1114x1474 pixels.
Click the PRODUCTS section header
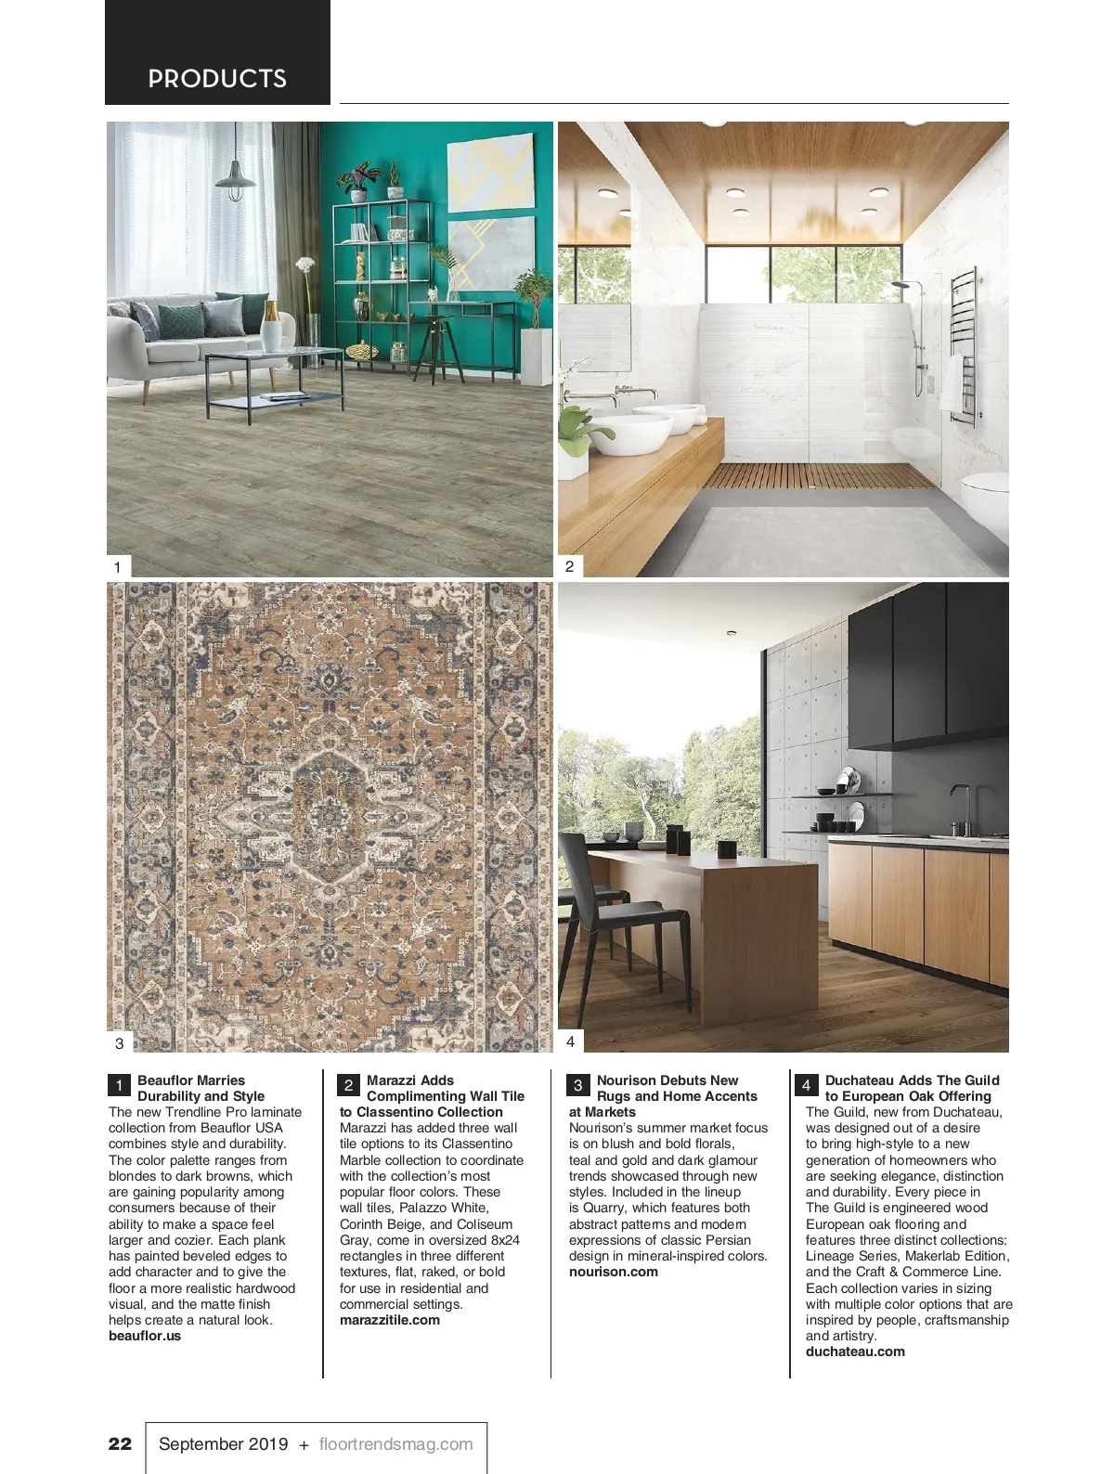pos(217,79)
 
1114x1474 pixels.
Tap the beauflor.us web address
pos(145,1336)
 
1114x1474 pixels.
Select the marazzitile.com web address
pos(390,1320)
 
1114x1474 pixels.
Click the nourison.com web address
pos(614,1272)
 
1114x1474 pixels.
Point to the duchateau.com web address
pos(855,1351)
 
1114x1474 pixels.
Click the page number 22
pos(121,1443)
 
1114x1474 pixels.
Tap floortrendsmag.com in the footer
pos(395,1443)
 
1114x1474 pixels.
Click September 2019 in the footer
pos(223,1443)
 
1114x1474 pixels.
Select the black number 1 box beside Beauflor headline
pos(120,1085)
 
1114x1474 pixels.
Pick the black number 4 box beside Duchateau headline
pos(806,1085)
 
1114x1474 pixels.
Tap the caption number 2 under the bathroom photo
pos(570,565)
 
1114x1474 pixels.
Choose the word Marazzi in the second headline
pos(394,1080)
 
